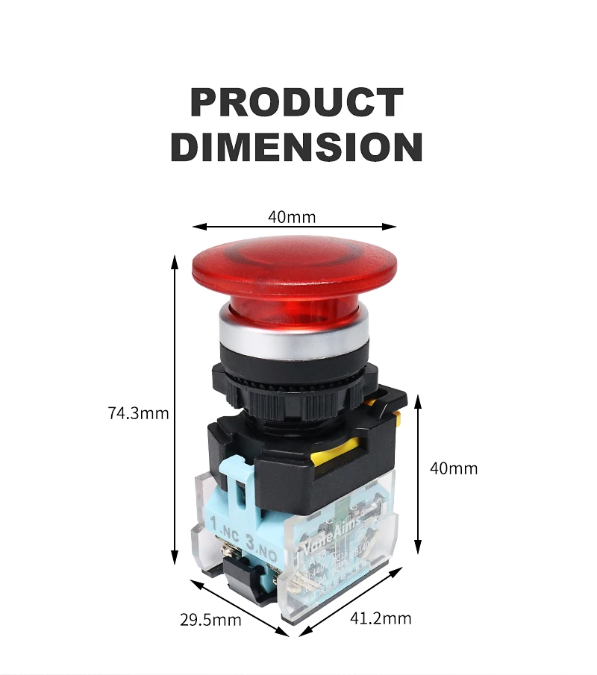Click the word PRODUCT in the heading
click(296, 102)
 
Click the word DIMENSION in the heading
click(296, 147)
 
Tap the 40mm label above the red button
click(292, 217)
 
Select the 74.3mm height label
click(139, 412)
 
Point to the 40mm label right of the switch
click(454, 468)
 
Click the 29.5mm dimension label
click(210, 619)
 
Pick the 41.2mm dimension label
click(381, 618)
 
